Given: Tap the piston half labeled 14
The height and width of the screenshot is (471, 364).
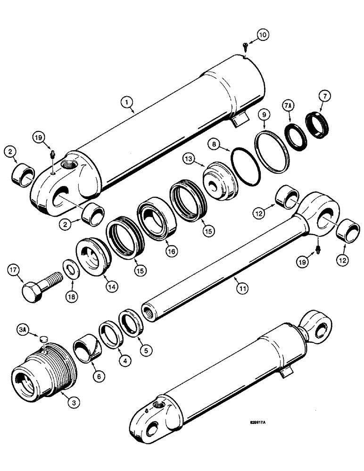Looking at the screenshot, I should pyautogui.click(x=93, y=256).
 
